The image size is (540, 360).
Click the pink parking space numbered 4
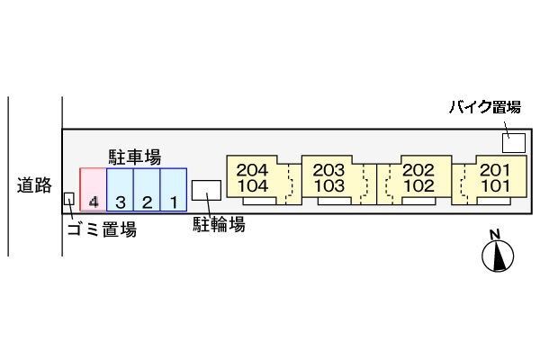(94, 190)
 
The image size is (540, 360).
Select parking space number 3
(121, 190)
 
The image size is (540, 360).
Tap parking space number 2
(147, 190)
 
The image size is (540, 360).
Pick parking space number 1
(174, 190)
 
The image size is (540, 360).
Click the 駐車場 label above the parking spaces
(135, 157)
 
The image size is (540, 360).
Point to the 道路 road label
(34, 185)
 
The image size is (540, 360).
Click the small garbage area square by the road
(69, 199)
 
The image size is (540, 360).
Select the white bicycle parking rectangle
(206, 190)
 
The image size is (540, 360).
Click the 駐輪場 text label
(219, 224)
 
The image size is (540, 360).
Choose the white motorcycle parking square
(514, 143)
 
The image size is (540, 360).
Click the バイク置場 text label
(485, 107)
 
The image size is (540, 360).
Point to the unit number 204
(252, 170)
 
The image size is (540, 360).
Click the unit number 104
(253, 186)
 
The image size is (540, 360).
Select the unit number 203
(328, 170)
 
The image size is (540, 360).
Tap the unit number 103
(329, 186)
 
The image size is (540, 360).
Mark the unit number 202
(418, 170)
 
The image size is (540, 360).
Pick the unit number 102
(419, 186)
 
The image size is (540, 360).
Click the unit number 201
(495, 170)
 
